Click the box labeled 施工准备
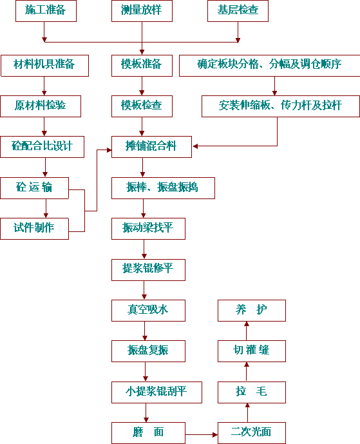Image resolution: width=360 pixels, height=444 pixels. pyautogui.click(x=46, y=11)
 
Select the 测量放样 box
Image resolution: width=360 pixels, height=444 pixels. pyautogui.click(x=142, y=11)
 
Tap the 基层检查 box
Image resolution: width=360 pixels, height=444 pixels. pyautogui.click(x=238, y=11)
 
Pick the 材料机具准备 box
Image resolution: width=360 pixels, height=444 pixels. pyautogui.click(x=44, y=66)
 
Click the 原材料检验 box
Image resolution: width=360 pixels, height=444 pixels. pyautogui.click(x=41, y=106)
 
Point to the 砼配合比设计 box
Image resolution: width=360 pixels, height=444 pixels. pyautogui.click(x=42, y=147)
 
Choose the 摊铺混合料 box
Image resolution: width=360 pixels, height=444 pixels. pyautogui.click(x=151, y=147)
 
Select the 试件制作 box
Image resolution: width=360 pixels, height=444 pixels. pyautogui.click(x=34, y=229)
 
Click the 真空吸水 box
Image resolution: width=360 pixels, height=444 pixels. pyautogui.click(x=148, y=311)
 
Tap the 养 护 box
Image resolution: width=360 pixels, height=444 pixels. pyautogui.click(x=252, y=311)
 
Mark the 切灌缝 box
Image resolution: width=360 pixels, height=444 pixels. pyautogui.click(x=252, y=351)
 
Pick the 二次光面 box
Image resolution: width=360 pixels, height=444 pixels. pyautogui.click(x=252, y=433)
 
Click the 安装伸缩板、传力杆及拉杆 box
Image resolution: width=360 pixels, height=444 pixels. pyautogui.click(x=281, y=106)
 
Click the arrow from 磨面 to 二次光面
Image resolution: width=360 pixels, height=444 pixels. pyautogui.click(x=202, y=434)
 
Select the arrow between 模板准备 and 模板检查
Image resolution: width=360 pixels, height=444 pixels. pyautogui.click(x=142, y=86)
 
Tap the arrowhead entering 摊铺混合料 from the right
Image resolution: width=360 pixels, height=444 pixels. pyautogui.click(x=195, y=146)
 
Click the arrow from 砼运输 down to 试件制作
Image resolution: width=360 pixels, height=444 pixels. pyautogui.click(x=46, y=208)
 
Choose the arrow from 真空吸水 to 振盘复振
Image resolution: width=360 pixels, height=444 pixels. pyautogui.click(x=145, y=331)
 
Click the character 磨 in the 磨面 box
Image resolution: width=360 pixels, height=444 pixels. pyautogui.click(x=138, y=432)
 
